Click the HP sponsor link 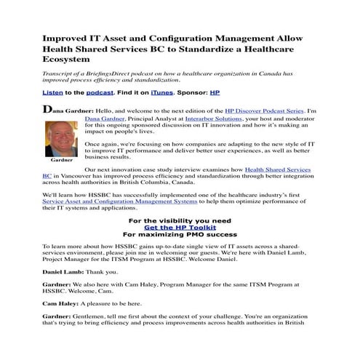click(215, 93)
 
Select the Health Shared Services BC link click(276, 169)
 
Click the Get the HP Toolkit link click(180, 227)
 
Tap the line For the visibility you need click(180, 219)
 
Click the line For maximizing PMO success click(180, 235)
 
